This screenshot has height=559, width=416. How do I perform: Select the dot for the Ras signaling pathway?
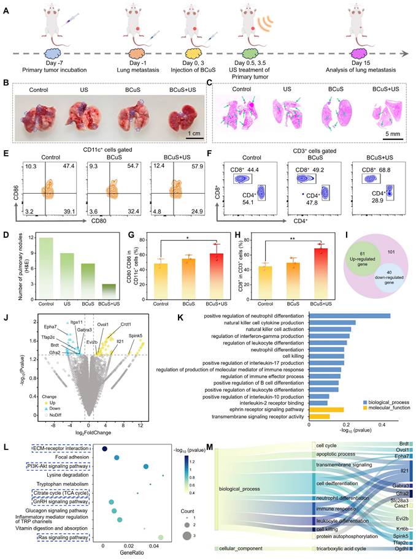(x=160, y=538)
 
